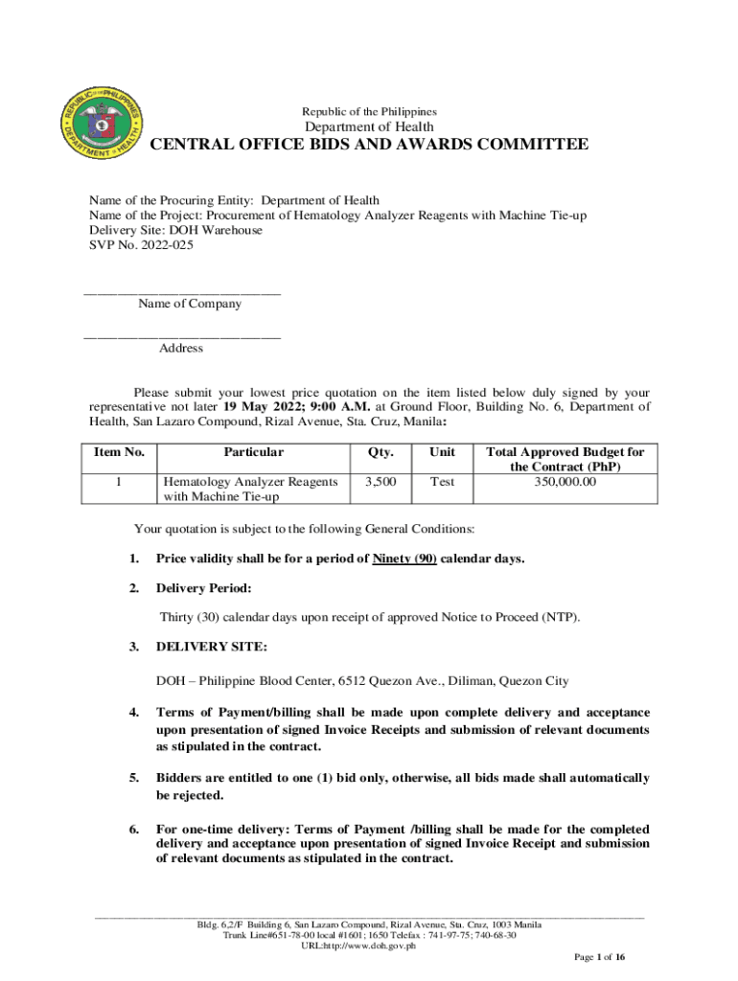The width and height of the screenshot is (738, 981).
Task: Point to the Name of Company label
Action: (x=190, y=304)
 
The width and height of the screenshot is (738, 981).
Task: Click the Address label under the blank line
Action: (x=180, y=349)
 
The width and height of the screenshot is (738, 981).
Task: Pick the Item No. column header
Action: (x=118, y=452)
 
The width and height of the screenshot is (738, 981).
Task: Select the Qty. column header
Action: (x=381, y=452)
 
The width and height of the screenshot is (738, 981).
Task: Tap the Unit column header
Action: (x=442, y=452)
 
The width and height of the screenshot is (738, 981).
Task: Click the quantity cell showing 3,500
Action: (x=381, y=482)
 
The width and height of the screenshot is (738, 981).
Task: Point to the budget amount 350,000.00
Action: (x=565, y=482)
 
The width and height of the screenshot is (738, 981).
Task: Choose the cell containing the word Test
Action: (x=442, y=482)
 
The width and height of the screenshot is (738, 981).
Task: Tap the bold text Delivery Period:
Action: (x=204, y=588)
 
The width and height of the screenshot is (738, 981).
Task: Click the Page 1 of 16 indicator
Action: (x=599, y=958)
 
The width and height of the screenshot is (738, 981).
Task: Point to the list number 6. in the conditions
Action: (x=133, y=829)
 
